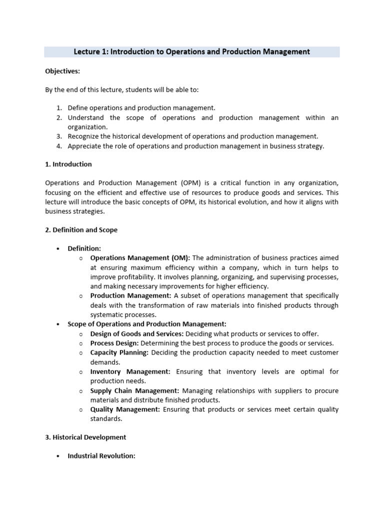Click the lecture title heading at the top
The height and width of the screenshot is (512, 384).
(192, 52)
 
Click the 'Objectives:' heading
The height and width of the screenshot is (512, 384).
(62, 71)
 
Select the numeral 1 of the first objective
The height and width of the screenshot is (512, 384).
(58, 108)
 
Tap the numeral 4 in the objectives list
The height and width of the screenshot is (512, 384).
(58, 146)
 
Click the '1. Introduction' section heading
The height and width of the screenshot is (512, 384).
(68, 164)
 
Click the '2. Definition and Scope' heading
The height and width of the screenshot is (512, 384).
(81, 230)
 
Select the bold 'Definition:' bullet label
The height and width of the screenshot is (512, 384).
(84, 248)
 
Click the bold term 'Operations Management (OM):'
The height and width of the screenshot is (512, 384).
(140, 258)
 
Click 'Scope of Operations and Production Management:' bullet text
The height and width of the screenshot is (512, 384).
(147, 324)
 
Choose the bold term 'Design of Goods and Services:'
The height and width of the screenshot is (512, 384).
(137, 334)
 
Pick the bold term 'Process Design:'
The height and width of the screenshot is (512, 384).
(114, 343)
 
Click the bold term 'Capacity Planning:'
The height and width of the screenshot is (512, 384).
(119, 353)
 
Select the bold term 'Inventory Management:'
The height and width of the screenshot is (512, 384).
(130, 371)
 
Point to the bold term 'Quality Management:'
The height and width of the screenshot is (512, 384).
(125, 409)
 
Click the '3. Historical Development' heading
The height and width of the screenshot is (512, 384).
(85, 437)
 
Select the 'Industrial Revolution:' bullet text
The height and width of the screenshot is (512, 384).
(101, 456)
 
